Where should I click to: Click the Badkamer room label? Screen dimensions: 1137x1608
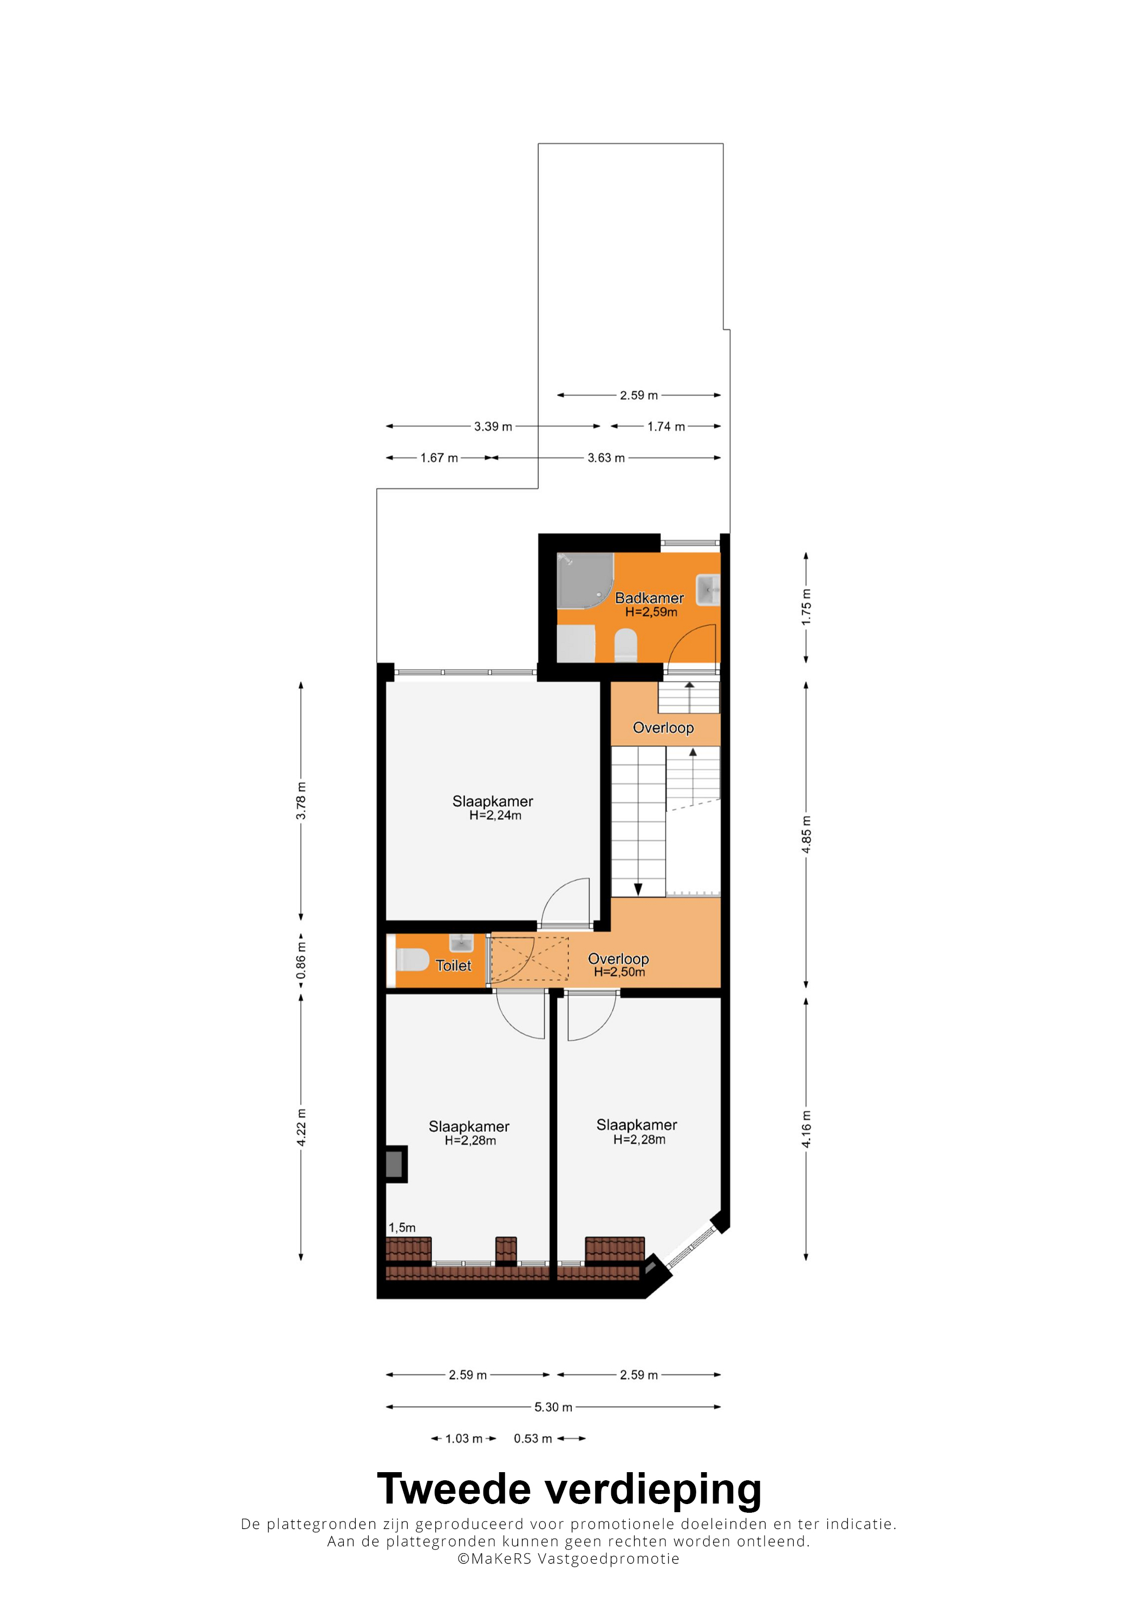649,598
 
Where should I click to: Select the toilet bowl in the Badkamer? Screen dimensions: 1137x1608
625,645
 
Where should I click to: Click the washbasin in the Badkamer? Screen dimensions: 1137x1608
708,590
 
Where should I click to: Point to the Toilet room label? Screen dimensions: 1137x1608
453,966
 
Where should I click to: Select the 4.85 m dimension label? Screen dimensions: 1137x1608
806,835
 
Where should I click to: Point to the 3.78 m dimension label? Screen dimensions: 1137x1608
300,801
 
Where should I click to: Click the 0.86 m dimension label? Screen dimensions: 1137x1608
300,960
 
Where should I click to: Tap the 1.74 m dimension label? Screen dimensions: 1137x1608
665,426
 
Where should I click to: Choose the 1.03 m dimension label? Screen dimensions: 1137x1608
464,1439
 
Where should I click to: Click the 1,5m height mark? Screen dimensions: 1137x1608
402,1228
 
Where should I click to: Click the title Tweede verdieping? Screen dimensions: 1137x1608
569,1489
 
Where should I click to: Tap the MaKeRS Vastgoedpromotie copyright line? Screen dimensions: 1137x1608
568,1559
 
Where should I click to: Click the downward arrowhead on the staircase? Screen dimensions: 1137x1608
638,889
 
